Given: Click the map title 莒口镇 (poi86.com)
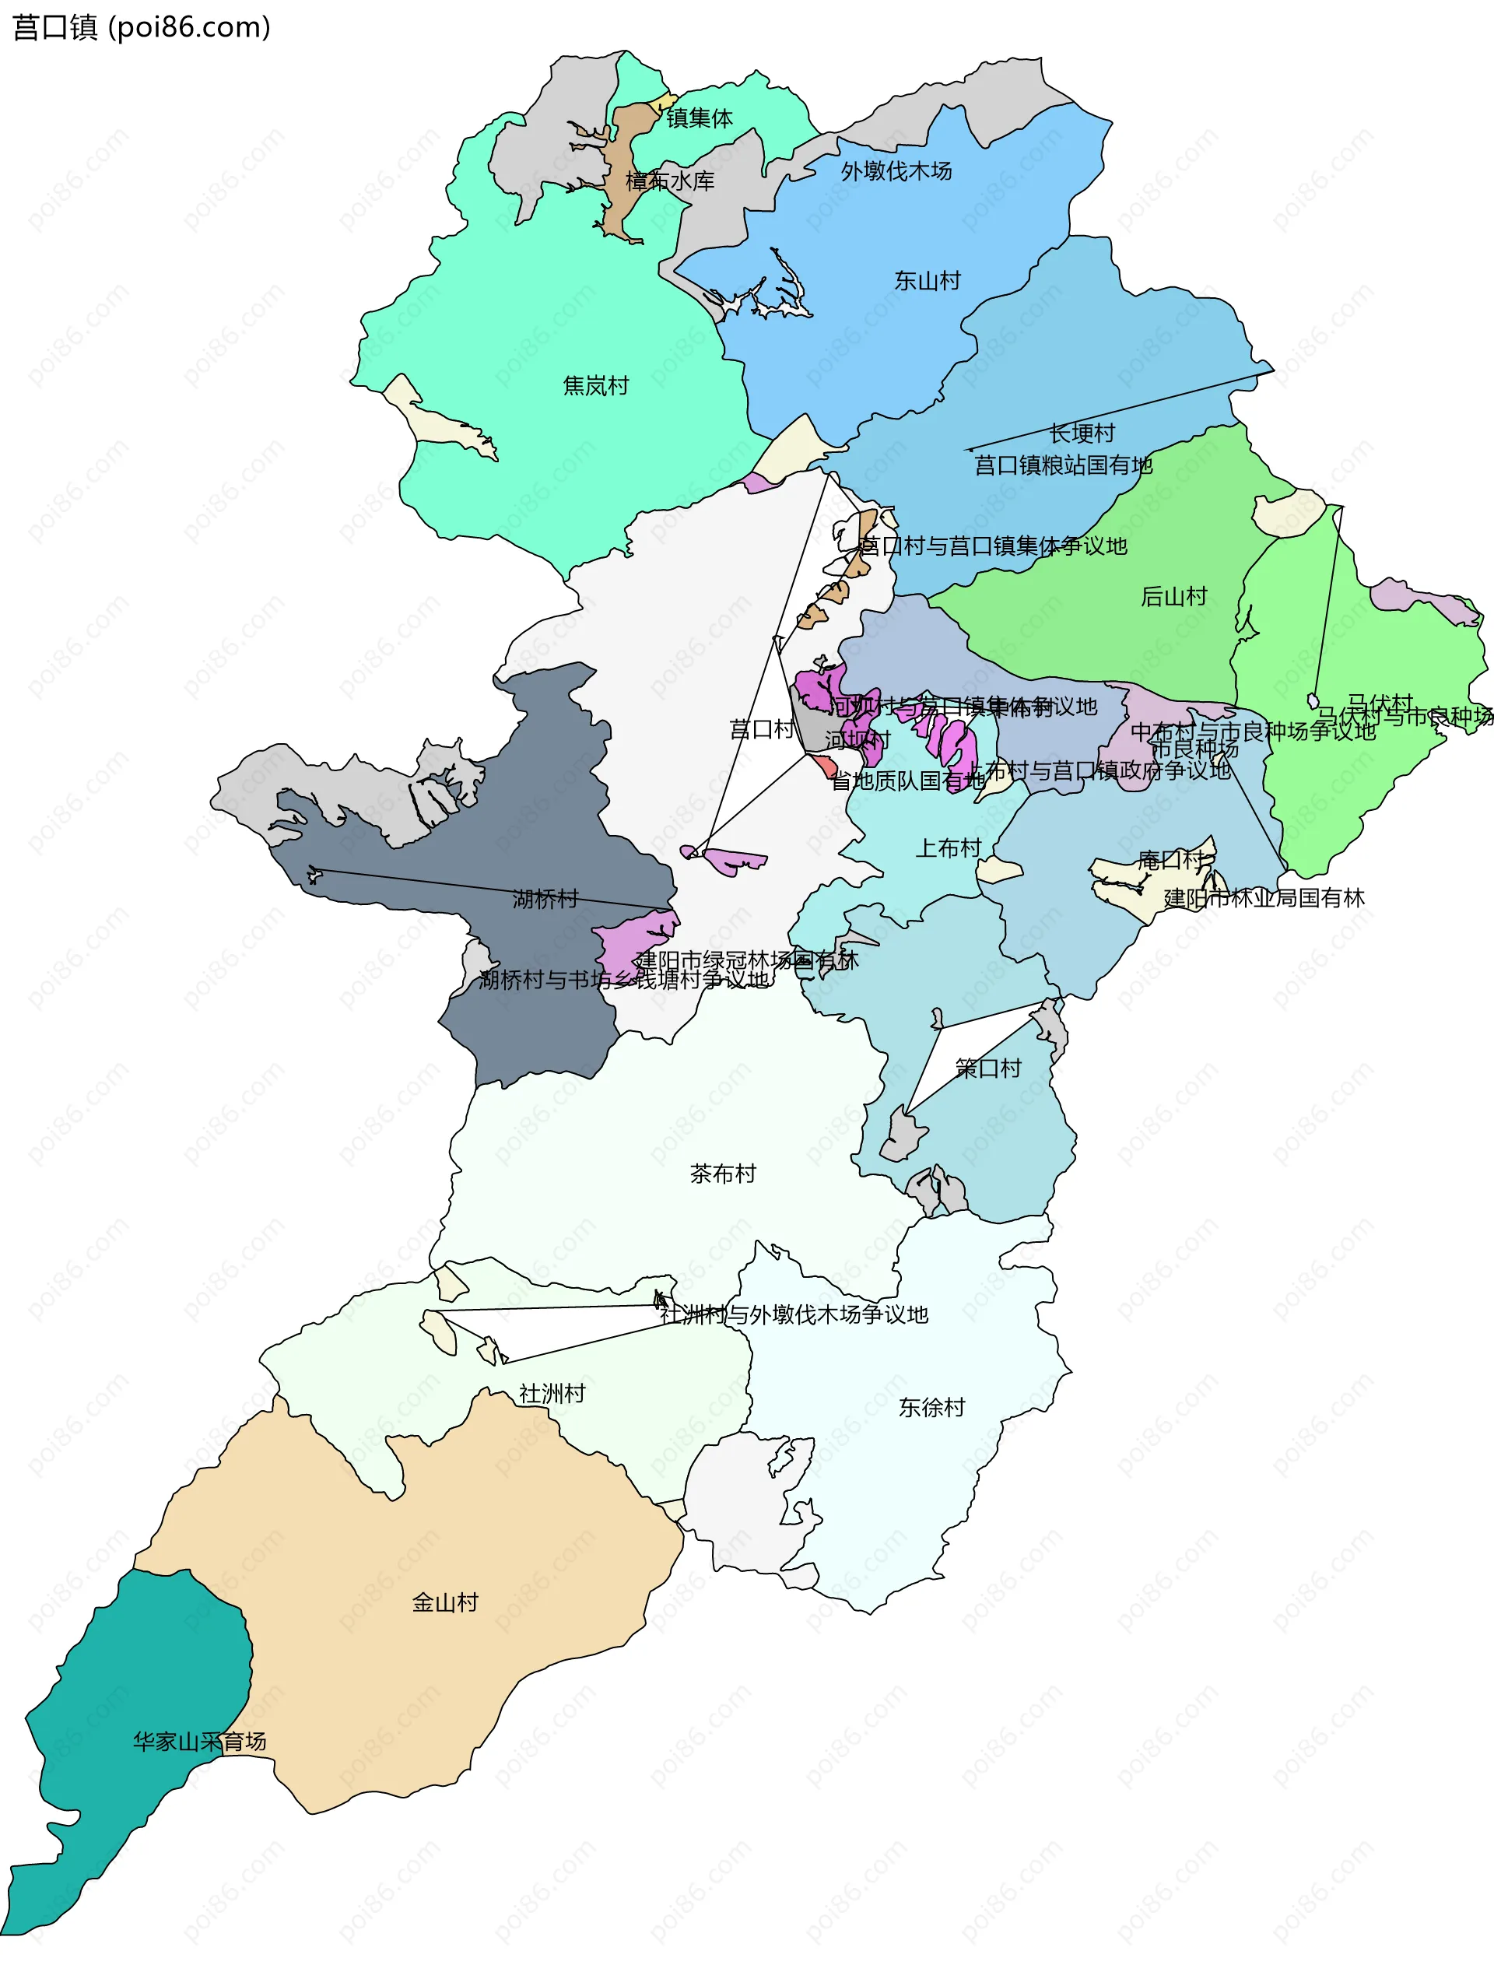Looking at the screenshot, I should coord(141,27).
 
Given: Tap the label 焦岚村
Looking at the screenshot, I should coord(595,386).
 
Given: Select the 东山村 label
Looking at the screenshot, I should coord(928,281).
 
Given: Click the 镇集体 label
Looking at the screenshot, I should coord(700,118).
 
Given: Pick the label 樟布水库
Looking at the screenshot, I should coord(670,181).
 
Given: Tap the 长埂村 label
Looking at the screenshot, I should coord(1082,433).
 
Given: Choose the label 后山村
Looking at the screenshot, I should coord(1173,596).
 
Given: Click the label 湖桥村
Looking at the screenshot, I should coord(545,899).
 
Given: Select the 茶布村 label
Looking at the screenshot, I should coord(723,1174).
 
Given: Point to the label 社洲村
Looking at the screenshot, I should coord(552,1394).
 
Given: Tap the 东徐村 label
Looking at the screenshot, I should coord(932,1407).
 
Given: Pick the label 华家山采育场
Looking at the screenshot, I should coord(199,1742).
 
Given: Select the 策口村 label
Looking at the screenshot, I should coord(988,1068).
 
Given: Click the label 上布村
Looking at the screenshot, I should coord(948,848).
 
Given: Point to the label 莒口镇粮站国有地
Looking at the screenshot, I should coord(1063,465).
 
